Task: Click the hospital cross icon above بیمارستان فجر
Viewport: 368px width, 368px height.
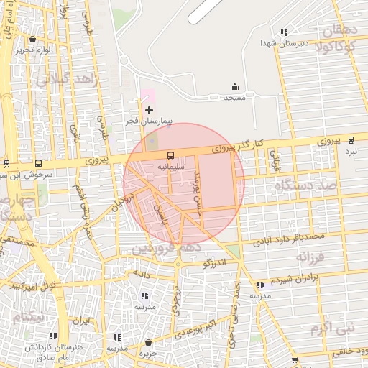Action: (149, 110)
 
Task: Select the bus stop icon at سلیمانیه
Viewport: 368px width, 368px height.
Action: (170, 155)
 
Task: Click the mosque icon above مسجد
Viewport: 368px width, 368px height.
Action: (234, 86)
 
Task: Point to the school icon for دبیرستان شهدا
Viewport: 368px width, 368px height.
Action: (285, 32)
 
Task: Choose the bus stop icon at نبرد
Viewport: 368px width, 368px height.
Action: (351, 140)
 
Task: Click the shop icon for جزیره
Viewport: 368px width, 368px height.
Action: (148, 343)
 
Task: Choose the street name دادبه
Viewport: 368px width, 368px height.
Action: (139, 274)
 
